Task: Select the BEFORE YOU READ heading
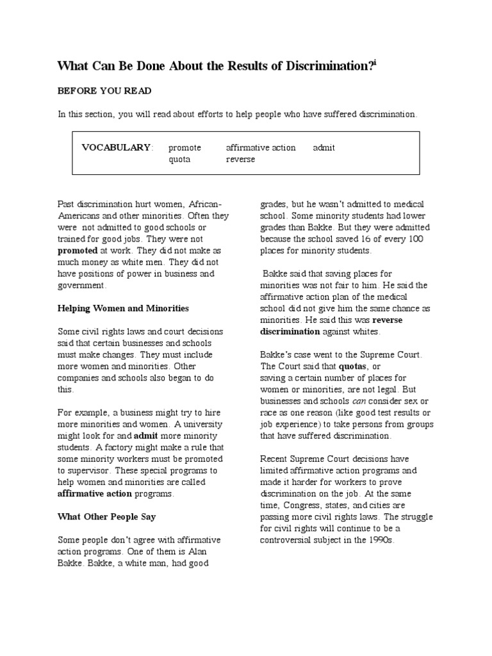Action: pos(104,91)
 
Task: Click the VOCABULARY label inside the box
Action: pos(117,147)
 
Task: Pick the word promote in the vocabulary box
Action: pos(185,147)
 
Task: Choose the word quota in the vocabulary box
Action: pos(179,159)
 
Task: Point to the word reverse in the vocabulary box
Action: pos(240,159)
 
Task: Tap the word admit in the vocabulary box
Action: pos(324,147)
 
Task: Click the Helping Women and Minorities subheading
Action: pos(123,308)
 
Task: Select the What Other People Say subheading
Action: pos(107,516)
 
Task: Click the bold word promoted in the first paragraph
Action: pos(78,250)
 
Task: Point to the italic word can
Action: pos(359,400)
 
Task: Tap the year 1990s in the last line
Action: pos(382,540)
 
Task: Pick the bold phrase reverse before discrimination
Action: pos(388,320)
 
